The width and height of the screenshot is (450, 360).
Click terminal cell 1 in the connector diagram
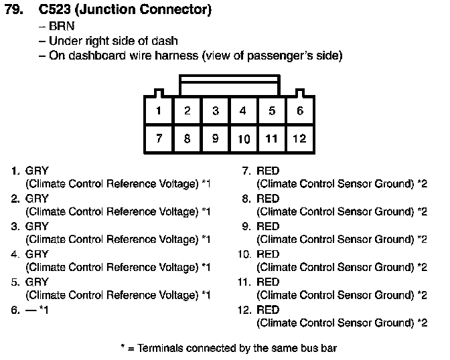pyautogui.click(x=159, y=110)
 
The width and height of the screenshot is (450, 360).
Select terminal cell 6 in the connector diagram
pyautogui.click(x=300, y=110)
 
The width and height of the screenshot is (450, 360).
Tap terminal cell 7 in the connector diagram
pyautogui.click(x=159, y=139)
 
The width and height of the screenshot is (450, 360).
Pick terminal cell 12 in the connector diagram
pyautogui.click(x=300, y=139)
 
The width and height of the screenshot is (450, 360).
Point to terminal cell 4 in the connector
pyautogui.click(x=243, y=110)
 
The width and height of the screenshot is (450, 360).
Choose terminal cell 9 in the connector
pyautogui.click(x=215, y=139)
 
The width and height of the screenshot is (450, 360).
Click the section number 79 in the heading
pyautogui.click(x=14, y=9)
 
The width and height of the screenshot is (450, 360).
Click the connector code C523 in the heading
pyautogui.click(x=54, y=9)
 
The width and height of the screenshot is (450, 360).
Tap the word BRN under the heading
pyautogui.click(x=62, y=26)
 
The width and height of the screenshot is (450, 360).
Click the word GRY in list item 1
pyautogui.click(x=37, y=171)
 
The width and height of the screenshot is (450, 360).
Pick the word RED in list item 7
pyautogui.click(x=268, y=171)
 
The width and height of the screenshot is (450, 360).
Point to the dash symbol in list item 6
pyautogui.click(x=31, y=310)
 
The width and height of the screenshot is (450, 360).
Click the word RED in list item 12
pyautogui.click(x=268, y=310)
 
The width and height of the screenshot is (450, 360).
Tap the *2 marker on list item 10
pyautogui.click(x=422, y=267)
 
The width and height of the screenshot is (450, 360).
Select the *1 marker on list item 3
pyautogui.click(x=206, y=240)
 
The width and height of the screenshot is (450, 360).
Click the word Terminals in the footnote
pyautogui.click(x=160, y=348)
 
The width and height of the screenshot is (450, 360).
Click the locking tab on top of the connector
pyautogui.click(x=230, y=85)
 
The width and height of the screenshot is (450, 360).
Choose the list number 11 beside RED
pyautogui.click(x=244, y=282)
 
